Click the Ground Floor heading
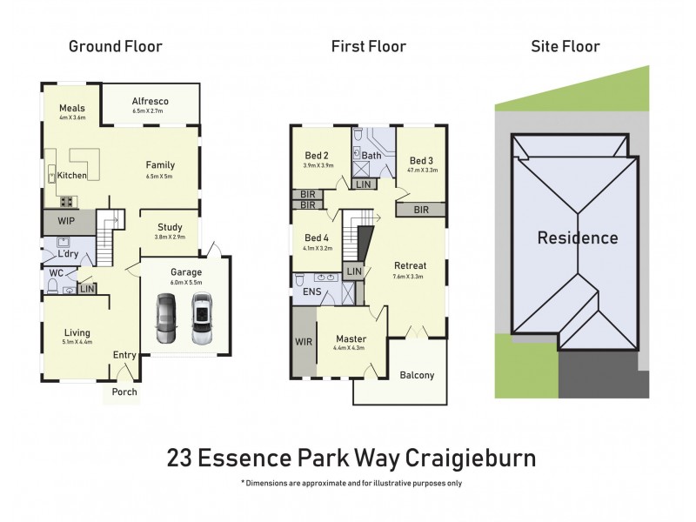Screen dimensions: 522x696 [x=116, y=46]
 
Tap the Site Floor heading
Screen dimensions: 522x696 [x=565, y=46]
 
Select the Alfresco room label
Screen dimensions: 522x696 [x=150, y=101]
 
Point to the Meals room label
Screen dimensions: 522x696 [x=71, y=107]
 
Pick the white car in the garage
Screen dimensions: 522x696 [x=202, y=318]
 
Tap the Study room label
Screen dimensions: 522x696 [x=170, y=228]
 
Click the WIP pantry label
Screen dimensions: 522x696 [x=66, y=221]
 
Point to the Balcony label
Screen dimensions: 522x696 [x=417, y=376]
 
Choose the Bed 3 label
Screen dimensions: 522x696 [x=421, y=161]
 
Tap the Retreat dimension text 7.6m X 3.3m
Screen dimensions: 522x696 [x=409, y=277]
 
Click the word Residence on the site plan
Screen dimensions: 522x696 [x=578, y=238]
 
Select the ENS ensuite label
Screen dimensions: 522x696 [x=311, y=292]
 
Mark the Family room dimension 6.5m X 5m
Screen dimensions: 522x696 [x=160, y=176]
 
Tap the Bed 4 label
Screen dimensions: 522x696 [x=317, y=238]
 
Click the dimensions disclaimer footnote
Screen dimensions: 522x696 [x=351, y=482]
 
